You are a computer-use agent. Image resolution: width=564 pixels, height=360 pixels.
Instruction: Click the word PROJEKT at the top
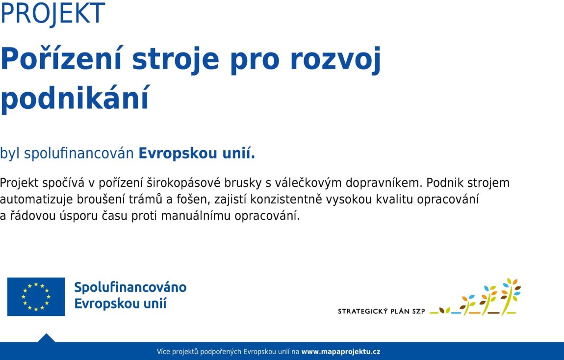pos(53,13)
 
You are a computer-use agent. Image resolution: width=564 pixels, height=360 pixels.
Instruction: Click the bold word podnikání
pos(75,97)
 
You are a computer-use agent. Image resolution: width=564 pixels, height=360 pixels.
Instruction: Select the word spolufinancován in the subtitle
pos(79,154)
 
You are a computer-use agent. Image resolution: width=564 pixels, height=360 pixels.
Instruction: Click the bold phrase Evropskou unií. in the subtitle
pos(197,153)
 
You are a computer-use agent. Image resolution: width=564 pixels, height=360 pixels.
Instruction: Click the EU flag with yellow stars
pos(36,297)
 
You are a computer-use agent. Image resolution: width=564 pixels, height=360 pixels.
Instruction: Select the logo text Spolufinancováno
pos(130,287)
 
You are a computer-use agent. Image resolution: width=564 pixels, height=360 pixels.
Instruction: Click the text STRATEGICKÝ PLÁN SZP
pos(381,311)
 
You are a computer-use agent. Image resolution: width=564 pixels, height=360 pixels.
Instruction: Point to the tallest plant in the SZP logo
pos(511,296)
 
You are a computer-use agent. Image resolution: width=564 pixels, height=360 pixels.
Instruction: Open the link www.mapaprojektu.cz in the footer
pos(341,352)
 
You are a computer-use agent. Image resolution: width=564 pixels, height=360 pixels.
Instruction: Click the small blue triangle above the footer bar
pos(46,338)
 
